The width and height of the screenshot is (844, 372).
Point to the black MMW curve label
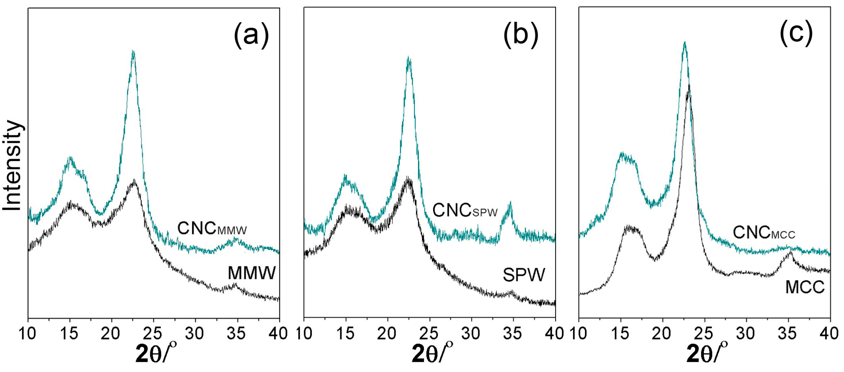(x=252, y=273)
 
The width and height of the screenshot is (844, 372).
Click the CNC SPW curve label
(x=465, y=210)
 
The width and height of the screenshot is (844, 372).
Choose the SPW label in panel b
(x=523, y=275)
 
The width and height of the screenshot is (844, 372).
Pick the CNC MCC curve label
(x=764, y=233)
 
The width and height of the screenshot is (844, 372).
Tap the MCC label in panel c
(x=805, y=287)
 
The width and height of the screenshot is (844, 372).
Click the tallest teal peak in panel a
(x=133, y=52)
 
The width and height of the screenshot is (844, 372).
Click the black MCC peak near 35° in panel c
(x=790, y=252)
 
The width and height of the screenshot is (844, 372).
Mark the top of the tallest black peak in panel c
(x=689, y=86)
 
